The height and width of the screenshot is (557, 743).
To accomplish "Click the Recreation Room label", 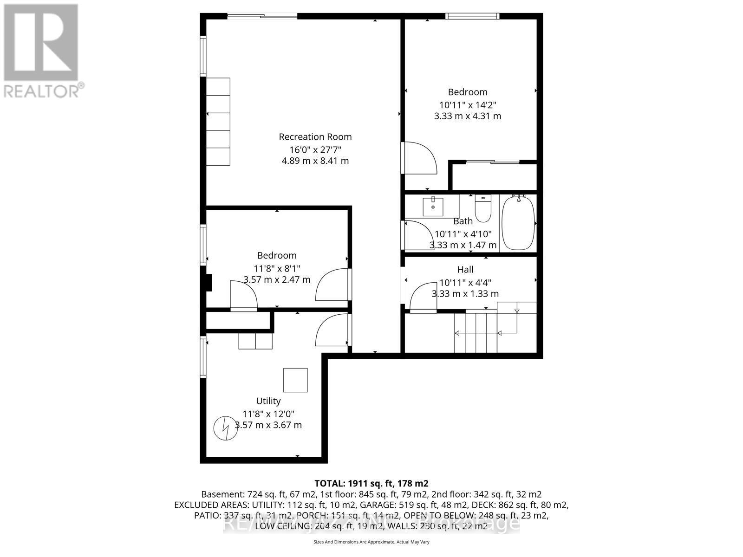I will coord(315,137).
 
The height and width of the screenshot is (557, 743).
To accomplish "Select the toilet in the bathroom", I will coord(483,209).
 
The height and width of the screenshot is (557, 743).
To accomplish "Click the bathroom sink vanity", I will coord(433,207).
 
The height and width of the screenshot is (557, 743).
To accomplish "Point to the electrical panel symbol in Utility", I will coord(225,428).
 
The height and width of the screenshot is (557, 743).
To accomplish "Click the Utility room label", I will coord(268,401).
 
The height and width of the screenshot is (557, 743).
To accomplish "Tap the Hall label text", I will coord(465,270).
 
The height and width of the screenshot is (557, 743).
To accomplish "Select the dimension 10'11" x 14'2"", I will coord(467,105).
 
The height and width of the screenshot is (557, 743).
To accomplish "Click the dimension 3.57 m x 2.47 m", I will coord(277,280).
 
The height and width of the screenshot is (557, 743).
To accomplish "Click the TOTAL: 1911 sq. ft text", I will coord(368,483).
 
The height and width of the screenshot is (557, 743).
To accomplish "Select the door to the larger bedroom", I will coord(419,158).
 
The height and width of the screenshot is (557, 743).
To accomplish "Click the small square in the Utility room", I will coord(295,380).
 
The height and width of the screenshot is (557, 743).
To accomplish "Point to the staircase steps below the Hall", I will coord(476,333).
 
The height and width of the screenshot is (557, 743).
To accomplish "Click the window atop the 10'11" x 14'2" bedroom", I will coord(472,16).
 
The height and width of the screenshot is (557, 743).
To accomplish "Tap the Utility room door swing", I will coord(332,330).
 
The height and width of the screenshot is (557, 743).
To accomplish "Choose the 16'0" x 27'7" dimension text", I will coord(315,149).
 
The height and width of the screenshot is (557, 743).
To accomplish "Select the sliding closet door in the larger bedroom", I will coord(493,162).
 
